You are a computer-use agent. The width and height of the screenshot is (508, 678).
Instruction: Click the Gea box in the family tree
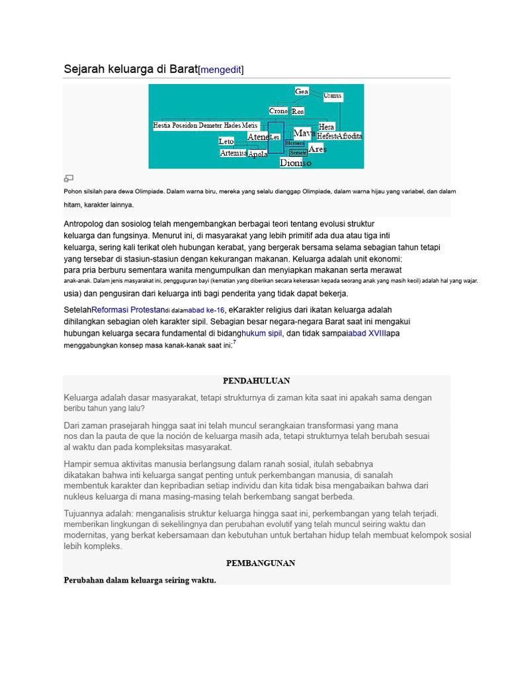pyautogui.click(x=302, y=91)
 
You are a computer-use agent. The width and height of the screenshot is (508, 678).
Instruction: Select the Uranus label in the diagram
pyautogui.click(x=333, y=96)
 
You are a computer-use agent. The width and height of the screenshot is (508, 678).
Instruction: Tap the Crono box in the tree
pyautogui.click(x=278, y=111)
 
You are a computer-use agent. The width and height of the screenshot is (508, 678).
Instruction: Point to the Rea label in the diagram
pyautogui.click(x=298, y=112)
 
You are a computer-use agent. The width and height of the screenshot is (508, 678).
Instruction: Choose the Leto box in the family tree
pyautogui.click(x=226, y=141)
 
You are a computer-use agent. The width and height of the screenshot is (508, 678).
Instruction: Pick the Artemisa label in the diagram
pyautogui.click(x=233, y=153)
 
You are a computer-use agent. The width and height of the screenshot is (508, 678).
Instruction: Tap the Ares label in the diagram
pyautogui.click(x=317, y=150)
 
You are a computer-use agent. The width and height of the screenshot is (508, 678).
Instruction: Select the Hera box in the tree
pyautogui.click(x=327, y=126)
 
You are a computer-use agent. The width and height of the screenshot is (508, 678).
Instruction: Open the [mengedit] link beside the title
pyautogui.click(x=221, y=70)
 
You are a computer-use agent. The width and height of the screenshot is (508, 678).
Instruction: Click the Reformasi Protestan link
pyautogui.click(x=128, y=310)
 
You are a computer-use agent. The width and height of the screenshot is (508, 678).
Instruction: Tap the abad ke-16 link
pyautogui.click(x=207, y=310)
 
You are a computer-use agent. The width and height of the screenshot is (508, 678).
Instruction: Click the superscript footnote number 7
pyautogui.click(x=234, y=342)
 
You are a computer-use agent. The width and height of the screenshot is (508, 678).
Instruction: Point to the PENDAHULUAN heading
pyautogui.click(x=257, y=381)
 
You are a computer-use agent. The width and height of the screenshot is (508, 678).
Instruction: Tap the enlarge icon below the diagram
pyautogui.click(x=68, y=177)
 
